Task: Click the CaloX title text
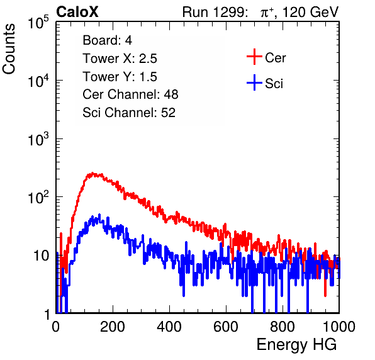click(x=77, y=12)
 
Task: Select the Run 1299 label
click(x=215, y=12)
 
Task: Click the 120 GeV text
click(x=310, y=12)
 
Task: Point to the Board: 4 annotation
click(x=107, y=40)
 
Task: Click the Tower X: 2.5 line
click(x=120, y=59)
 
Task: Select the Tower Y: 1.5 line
click(x=120, y=77)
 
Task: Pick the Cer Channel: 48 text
click(x=130, y=94)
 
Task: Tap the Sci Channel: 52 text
click(x=129, y=113)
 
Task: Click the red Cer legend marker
click(x=254, y=57)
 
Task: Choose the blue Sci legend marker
click(x=254, y=82)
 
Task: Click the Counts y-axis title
click(x=9, y=49)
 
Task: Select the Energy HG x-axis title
click(x=296, y=345)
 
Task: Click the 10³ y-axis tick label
click(x=38, y=139)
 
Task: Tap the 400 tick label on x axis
click(x=169, y=327)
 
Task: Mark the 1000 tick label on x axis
click(x=339, y=327)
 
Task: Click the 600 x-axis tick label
click(x=226, y=327)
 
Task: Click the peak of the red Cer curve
click(x=92, y=173)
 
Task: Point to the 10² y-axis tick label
click(x=38, y=198)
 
